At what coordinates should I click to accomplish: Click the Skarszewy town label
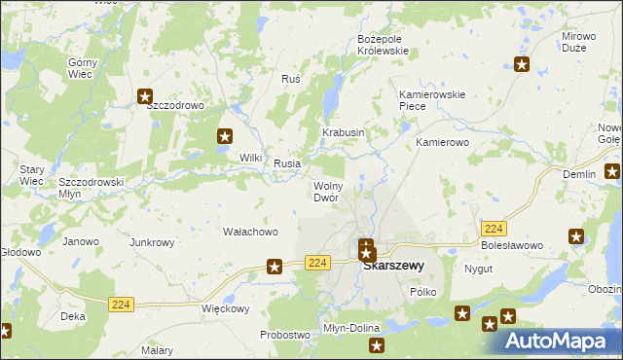393,264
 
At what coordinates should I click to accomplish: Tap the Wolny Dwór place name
325,191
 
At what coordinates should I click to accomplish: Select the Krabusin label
344,132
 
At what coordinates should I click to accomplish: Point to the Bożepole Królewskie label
386,45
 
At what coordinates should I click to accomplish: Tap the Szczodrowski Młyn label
91,187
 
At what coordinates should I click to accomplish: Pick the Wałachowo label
251,232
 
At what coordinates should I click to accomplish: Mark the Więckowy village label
226,309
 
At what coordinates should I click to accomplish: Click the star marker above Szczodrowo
145,96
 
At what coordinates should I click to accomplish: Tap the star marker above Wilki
225,137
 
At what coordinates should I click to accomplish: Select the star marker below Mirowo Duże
522,65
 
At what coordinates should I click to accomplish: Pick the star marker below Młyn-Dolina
377,344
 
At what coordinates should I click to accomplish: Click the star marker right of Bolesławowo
576,236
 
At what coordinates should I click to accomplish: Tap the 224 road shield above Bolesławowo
493,228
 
